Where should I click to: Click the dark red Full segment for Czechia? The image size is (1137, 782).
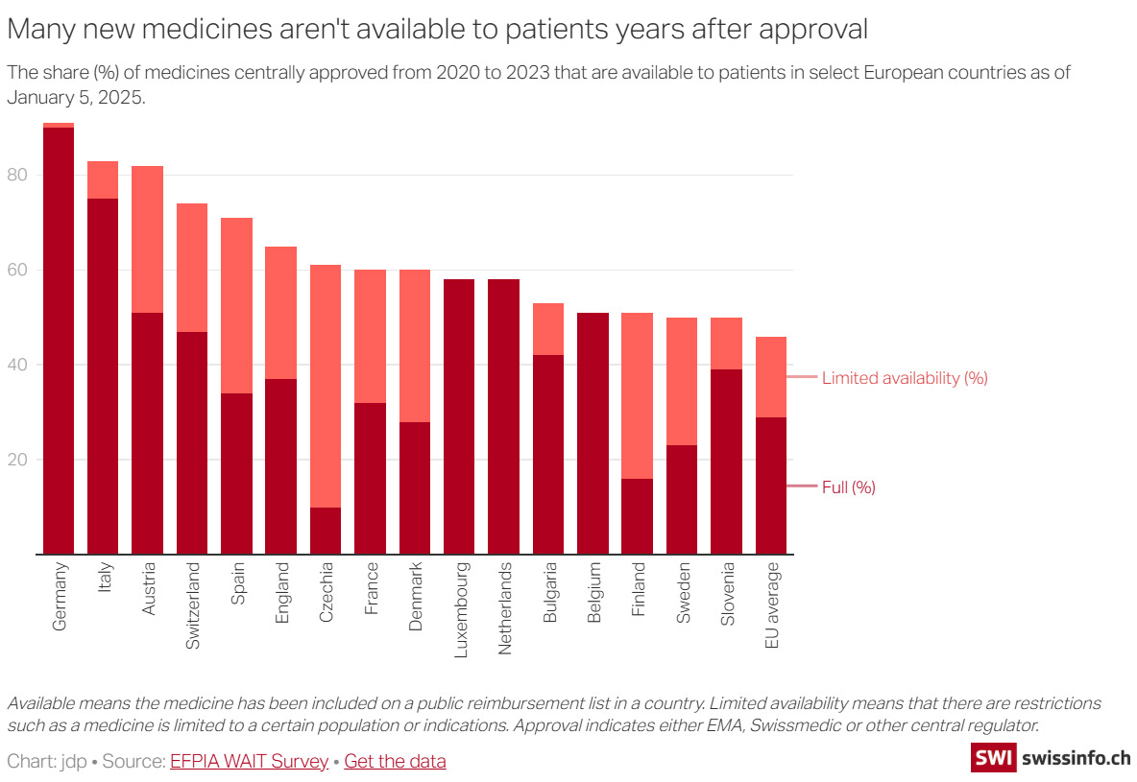coord(326,531)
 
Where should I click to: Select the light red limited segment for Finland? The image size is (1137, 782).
coord(637,395)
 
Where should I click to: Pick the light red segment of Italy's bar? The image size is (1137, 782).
coord(103,179)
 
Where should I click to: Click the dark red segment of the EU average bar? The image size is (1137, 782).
coord(771,486)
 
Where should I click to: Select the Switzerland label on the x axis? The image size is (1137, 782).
coord(192,606)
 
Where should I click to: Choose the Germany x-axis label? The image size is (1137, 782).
coord(60,596)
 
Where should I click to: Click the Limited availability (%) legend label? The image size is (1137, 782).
coord(905,378)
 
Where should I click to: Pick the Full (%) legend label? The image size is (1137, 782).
coord(849,487)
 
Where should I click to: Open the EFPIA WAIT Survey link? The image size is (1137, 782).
coord(249,762)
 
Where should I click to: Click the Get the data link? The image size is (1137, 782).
coord(395,762)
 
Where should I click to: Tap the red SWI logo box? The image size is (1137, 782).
coord(993,758)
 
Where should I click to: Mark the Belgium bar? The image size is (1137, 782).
coord(593,433)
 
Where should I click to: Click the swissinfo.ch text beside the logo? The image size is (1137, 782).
coord(1077,758)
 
